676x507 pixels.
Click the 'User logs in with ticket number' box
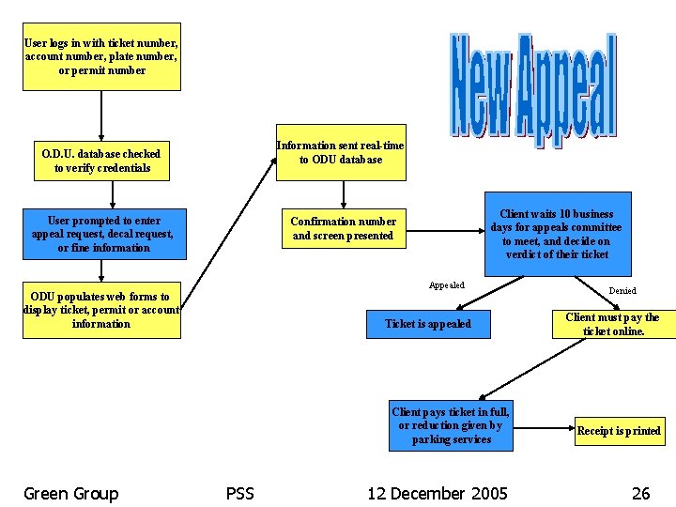(x=101, y=57)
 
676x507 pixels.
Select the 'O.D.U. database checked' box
(x=101, y=161)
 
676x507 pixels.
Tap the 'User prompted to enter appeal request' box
(x=103, y=234)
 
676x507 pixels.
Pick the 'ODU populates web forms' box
(x=101, y=310)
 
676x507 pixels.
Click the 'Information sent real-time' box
(x=341, y=153)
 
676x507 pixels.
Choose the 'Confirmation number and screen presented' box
(x=343, y=228)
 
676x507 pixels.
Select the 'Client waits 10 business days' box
(x=556, y=234)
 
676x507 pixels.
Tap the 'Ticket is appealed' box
(x=428, y=324)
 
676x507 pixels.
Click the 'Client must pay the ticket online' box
(x=613, y=324)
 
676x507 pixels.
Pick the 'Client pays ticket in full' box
(x=452, y=425)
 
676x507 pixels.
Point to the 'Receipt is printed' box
(x=619, y=431)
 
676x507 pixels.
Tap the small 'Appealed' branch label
(x=446, y=285)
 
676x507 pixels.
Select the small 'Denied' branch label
(x=622, y=291)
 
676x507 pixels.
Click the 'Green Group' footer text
(x=71, y=494)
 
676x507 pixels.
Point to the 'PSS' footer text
(x=240, y=494)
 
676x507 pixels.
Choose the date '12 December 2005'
(x=438, y=494)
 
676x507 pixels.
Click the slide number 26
(x=640, y=494)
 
